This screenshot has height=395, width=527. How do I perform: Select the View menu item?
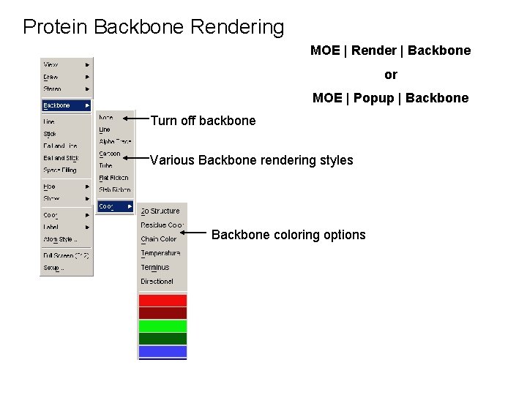click(51, 64)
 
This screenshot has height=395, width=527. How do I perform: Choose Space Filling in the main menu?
click(59, 170)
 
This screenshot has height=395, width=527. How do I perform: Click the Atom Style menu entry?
click(60, 239)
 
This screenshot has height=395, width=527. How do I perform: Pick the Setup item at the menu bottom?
click(53, 268)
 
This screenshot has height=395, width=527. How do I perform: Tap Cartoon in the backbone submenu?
click(110, 154)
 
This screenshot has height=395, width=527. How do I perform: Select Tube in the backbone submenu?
click(106, 165)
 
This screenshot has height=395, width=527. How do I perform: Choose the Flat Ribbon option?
click(113, 178)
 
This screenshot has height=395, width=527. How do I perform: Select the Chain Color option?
click(159, 239)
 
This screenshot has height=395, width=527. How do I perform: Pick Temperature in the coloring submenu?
click(160, 253)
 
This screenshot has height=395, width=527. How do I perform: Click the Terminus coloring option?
click(155, 267)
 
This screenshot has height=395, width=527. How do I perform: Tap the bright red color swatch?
click(162, 300)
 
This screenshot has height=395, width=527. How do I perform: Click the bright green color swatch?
click(162, 326)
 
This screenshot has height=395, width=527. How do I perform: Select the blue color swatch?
click(162, 352)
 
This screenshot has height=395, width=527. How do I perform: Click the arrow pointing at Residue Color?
click(196, 232)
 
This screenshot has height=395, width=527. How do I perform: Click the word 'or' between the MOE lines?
click(391, 75)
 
